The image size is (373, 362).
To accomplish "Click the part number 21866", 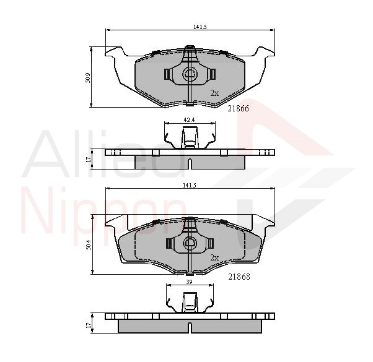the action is (239, 108).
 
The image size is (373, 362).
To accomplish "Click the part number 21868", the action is (239, 277).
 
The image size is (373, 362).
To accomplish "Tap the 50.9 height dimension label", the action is (88, 78).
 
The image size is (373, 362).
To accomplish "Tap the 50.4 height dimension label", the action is (88, 244).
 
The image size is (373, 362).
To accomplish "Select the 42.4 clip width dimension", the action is (190, 120).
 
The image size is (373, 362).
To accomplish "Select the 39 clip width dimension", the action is (189, 282).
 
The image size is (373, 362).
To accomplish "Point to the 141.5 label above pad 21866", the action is (200, 27).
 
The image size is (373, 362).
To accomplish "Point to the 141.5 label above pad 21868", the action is (190, 186).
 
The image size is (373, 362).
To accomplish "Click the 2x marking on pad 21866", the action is (214, 93).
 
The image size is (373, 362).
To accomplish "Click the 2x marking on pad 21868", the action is (214, 257).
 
